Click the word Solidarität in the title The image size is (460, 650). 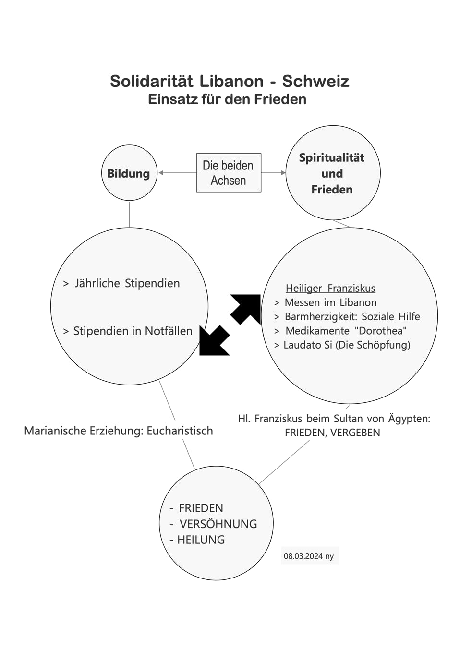point(152,81)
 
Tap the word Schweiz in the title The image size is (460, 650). point(316,81)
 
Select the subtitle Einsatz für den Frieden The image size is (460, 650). point(227,99)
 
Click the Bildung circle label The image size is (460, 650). point(129,173)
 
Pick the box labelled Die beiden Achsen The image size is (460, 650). point(229,173)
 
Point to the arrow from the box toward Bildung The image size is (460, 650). point(177,173)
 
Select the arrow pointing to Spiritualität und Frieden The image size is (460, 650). point(273,173)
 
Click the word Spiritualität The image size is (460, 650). point(331,158)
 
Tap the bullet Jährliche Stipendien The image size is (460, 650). point(121,283)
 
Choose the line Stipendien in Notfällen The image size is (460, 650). point(128,331)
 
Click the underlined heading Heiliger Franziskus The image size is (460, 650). point(330,288)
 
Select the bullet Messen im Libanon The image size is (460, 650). point(326,302)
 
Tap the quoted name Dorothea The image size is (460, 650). point(381,330)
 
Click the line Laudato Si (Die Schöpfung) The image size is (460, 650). point(342,345)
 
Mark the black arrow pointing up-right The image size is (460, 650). point(245,309)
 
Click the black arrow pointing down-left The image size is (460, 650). point(215,340)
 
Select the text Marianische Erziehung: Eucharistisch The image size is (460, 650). point(119,431)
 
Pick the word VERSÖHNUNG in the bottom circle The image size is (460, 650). point(218,524)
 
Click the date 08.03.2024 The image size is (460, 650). point(303,556)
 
